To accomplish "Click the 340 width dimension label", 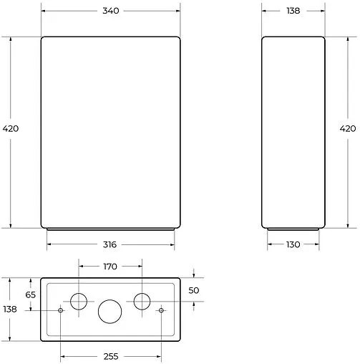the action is (111, 11).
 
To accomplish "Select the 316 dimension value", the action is (110, 244).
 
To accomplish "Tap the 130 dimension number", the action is (293, 244).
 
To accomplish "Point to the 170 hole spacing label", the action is (110, 267).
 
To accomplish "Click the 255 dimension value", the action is (111, 357).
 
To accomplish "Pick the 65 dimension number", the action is (31, 294).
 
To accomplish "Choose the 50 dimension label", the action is (194, 290).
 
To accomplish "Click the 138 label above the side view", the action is (293, 11).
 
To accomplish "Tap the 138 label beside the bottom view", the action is (10, 310).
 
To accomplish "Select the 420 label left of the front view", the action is (11, 129).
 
